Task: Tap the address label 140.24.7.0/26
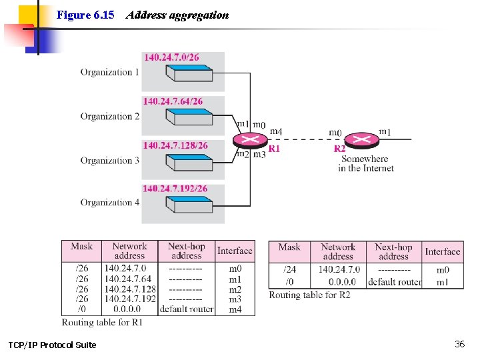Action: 171,57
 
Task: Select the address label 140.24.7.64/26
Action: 173,101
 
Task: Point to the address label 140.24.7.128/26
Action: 175,145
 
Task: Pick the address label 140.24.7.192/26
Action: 175,189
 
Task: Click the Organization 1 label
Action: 110,72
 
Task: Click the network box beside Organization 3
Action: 189,161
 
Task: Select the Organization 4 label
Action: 110,203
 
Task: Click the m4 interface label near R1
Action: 276,132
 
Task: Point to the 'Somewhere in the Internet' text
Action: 365,164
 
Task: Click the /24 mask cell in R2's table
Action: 289,269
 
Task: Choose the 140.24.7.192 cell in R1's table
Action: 130,299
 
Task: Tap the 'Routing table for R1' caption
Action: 102,322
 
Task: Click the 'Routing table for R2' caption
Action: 309,295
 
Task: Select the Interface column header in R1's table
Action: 235,251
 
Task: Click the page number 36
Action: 459,344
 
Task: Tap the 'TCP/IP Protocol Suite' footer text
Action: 52,345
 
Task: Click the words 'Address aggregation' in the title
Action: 177,15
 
